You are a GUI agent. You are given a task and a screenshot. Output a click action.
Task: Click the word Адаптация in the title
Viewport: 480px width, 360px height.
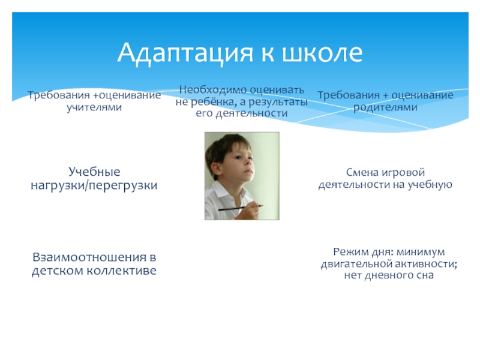(185, 53)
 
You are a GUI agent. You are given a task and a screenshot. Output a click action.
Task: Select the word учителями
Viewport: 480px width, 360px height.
(94, 107)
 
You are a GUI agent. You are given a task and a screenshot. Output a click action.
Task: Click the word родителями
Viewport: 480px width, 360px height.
(385, 107)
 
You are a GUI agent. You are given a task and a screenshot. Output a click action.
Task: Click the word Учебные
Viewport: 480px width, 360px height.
(94, 172)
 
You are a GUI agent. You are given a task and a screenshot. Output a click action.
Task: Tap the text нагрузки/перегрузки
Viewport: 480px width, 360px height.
(94, 185)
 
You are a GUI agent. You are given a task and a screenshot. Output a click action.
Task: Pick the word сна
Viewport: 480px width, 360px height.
(425, 275)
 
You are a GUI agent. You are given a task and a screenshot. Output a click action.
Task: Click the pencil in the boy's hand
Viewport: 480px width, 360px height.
(241, 208)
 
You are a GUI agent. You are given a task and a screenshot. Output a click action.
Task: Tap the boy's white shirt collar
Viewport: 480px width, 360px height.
(225, 191)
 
